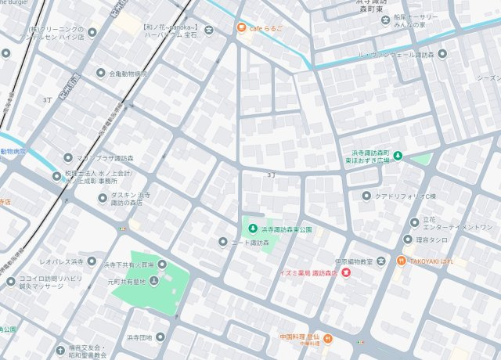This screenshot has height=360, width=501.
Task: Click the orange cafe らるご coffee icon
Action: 243,29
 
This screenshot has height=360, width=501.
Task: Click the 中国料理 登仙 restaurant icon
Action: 328,338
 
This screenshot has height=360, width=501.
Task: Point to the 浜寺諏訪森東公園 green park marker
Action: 252,229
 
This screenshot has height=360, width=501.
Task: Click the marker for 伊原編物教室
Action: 380,260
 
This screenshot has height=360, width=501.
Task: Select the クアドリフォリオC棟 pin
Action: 367,196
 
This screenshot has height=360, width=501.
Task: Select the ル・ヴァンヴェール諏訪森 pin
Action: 442,54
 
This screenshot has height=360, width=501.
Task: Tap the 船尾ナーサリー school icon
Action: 385,19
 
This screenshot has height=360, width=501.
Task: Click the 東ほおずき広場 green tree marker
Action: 398,155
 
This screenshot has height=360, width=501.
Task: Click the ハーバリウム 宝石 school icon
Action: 208,31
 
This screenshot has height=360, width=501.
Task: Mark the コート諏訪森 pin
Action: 223,243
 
